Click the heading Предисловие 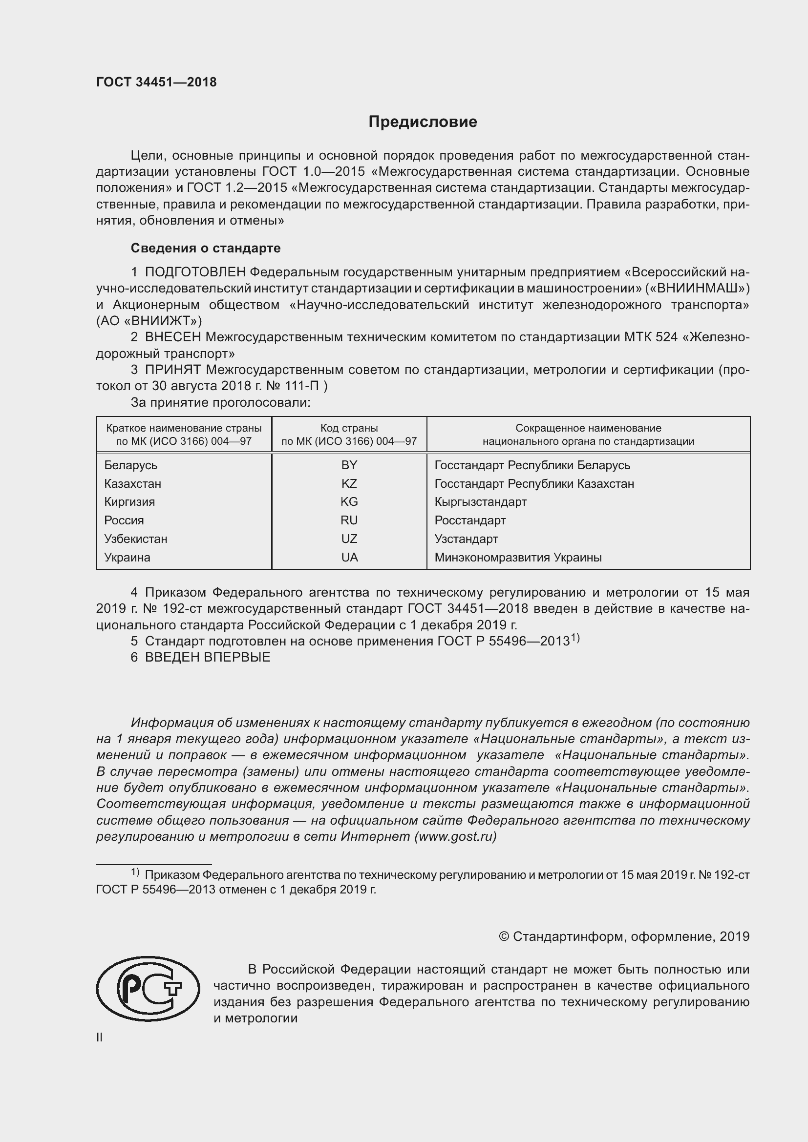pos(423,122)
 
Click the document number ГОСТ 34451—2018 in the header pos(156,83)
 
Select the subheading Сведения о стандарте pos(206,248)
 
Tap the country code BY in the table pos(349,465)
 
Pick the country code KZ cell pos(349,483)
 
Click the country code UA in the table pos(349,557)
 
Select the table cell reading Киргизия pos(129,502)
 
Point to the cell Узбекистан pos(135,539)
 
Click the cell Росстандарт pos(469,520)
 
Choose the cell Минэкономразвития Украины pos(518,557)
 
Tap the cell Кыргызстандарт pos(480,502)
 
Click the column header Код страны pos(349,428)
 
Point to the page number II pos(100,1038)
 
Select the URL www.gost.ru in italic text pos(455,836)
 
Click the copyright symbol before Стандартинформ pos(504,936)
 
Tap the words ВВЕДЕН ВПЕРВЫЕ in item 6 pos(208,657)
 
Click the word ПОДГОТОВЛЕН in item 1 pos(195,272)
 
